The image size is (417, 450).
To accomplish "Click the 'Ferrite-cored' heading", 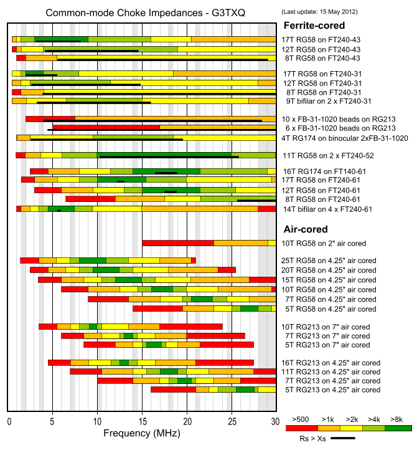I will tap(315, 26).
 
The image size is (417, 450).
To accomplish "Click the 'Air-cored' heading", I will tap(306, 229).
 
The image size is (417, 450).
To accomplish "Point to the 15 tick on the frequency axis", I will tap(142, 421).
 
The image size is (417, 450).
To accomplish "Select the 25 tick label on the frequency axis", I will tap(232, 421).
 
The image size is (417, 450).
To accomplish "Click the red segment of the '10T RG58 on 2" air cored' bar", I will tap(178, 243).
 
